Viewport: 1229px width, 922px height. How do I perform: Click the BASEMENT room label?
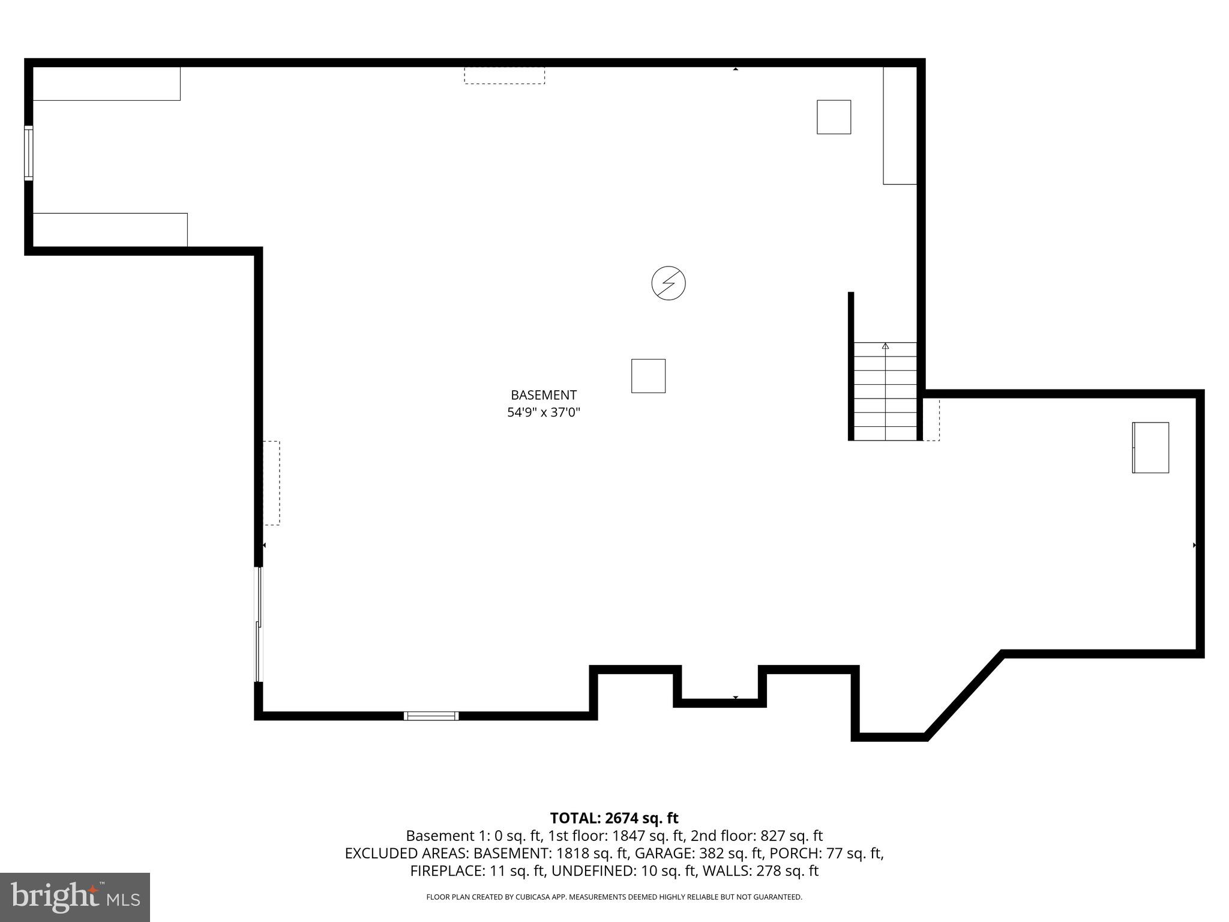(x=543, y=395)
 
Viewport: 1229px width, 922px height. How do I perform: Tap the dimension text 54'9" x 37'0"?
(x=543, y=412)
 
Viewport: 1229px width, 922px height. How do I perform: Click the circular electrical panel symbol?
(x=668, y=283)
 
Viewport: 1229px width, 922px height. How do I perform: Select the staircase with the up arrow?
(x=885, y=391)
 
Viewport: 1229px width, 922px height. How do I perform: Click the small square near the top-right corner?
(x=834, y=117)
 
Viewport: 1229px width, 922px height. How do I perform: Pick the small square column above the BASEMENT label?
(x=648, y=376)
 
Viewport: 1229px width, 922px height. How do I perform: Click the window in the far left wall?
(x=28, y=152)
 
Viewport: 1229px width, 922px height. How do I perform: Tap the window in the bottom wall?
(x=431, y=716)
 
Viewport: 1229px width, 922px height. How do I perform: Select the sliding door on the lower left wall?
(x=259, y=624)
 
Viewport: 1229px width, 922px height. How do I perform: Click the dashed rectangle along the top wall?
(x=504, y=75)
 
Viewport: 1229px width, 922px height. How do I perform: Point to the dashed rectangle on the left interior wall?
(x=271, y=483)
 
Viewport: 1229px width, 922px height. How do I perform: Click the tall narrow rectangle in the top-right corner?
(x=900, y=125)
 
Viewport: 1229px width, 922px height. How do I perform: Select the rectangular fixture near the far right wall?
(x=1150, y=448)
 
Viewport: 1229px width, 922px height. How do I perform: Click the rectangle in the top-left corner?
(x=106, y=83)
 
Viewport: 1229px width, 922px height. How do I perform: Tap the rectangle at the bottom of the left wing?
(x=110, y=229)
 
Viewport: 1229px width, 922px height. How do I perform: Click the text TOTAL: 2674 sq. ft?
(x=614, y=818)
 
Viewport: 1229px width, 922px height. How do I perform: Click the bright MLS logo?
(x=74, y=897)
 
